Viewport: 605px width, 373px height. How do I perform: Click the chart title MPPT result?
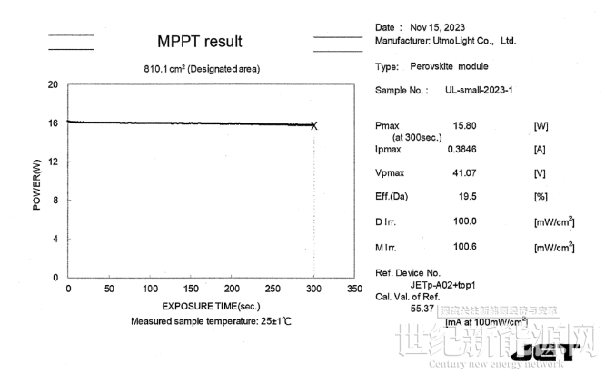tap(200, 43)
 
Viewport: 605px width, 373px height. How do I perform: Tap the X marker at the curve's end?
tap(314, 125)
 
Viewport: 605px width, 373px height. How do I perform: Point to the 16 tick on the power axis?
tap(53, 123)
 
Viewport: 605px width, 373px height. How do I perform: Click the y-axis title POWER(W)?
tap(37, 184)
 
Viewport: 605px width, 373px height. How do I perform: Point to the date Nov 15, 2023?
tap(438, 26)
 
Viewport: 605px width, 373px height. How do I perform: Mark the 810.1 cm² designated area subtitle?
tap(200, 68)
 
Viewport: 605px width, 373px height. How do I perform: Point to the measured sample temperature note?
tap(211, 321)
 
